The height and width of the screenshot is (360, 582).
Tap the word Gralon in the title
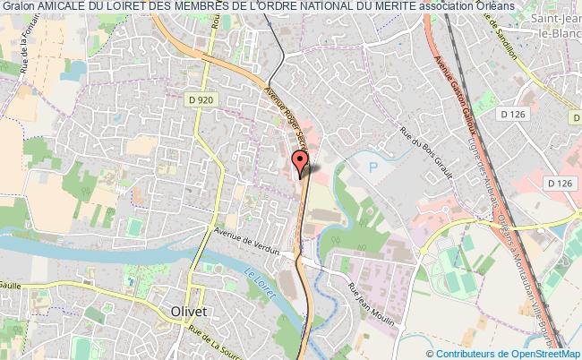point(19,6)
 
